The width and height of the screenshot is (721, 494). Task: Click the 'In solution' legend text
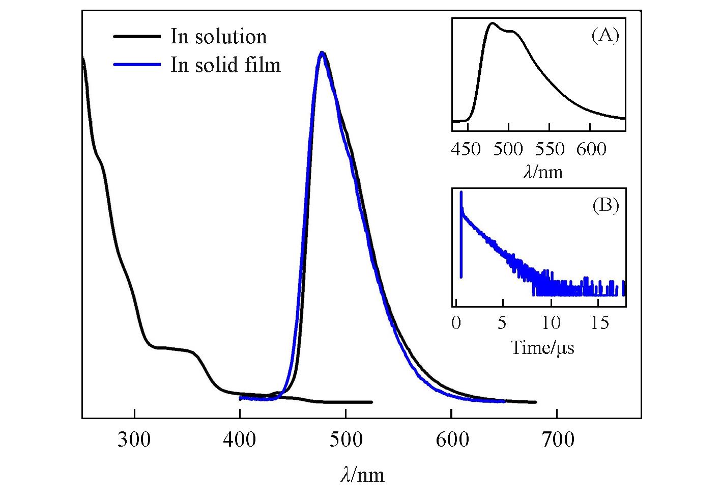[x=218, y=37]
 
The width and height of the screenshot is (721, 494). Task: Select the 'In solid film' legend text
[x=225, y=65]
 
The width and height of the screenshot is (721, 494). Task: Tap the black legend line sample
[x=137, y=37]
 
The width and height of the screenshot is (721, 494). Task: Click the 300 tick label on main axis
[x=134, y=440]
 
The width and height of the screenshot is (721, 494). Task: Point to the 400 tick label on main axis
[x=240, y=440]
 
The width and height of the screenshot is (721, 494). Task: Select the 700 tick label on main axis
[x=557, y=440]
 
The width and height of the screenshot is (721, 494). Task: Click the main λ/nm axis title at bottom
[x=362, y=475]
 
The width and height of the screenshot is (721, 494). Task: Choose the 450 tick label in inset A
[x=467, y=149]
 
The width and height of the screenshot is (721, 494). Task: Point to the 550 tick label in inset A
[x=550, y=149]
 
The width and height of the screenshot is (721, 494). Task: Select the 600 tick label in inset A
[x=591, y=149]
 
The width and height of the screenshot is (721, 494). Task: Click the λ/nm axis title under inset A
[x=543, y=172]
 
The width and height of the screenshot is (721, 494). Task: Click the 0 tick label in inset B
[x=456, y=322]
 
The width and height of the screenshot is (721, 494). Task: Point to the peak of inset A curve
[x=492, y=23]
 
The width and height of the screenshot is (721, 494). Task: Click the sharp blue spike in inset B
[x=461, y=194]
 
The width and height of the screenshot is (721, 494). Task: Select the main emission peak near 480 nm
[x=322, y=52]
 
